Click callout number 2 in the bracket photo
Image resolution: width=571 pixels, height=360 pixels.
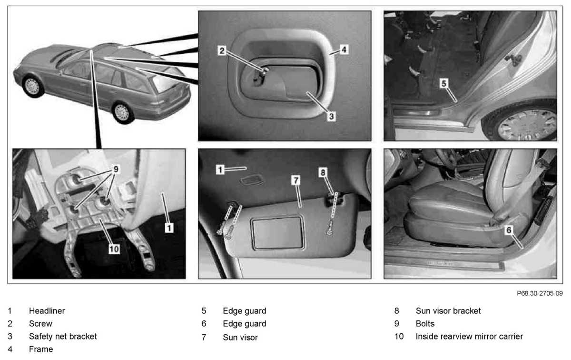click(x=221, y=50)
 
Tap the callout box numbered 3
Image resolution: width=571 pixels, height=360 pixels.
click(x=331, y=115)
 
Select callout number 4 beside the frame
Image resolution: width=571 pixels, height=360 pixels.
click(x=344, y=49)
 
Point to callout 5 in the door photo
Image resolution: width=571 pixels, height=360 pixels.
click(x=443, y=83)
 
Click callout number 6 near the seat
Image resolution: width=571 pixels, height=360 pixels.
click(x=508, y=230)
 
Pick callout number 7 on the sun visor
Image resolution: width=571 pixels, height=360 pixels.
click(x=295, y=180)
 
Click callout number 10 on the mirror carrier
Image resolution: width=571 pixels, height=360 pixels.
click(x=114, y=248)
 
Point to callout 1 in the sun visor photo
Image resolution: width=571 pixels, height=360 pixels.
click(x=220, y=169)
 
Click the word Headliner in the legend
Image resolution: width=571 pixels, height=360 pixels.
click(x=47, y=311)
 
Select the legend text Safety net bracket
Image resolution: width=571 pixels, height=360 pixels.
click(x=63, y=336)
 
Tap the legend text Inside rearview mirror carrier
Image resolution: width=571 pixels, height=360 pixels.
click(x=469, y=336)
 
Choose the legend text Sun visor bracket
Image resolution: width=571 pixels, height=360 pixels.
click(x=448, y=311)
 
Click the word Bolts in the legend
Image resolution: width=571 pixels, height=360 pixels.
click(x=425, y=324)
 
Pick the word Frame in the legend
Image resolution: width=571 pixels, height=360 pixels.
click(x=41, y=349)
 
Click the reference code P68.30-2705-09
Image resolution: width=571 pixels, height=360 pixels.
click(x=539, y=294)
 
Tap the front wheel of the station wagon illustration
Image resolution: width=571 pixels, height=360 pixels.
click(x=32, y=86)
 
